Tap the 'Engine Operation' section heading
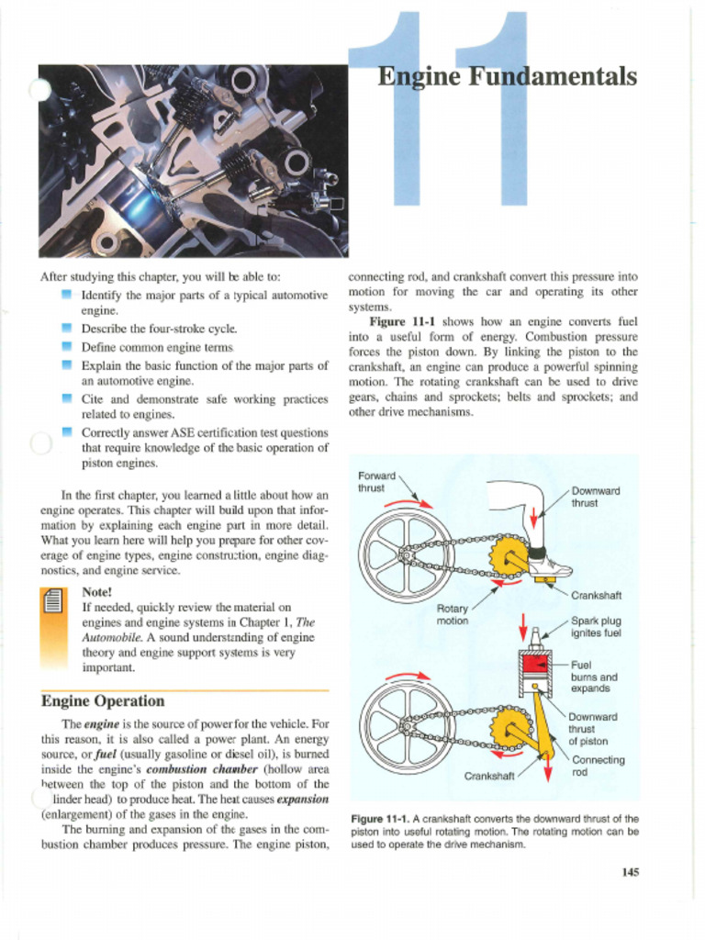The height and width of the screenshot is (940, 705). [103, 701]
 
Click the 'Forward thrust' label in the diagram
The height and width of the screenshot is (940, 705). [376, 482]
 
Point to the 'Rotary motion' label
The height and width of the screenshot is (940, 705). [452, 614]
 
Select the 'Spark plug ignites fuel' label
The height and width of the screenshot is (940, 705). [596, 626]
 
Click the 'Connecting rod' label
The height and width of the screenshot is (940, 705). [598, 766]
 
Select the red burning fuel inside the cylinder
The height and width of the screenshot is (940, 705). [536, 664]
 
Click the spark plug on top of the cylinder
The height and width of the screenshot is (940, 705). [535, 639]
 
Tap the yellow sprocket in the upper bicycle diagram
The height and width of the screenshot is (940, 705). [508, 556]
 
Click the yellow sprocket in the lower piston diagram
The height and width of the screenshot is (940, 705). [507, 729]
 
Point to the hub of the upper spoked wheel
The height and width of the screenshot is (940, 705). [403, 554]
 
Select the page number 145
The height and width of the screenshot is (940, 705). [629, 872]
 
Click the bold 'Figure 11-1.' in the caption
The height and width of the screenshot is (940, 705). [379, 819]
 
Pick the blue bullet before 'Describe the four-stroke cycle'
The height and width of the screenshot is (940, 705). [66, 328]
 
